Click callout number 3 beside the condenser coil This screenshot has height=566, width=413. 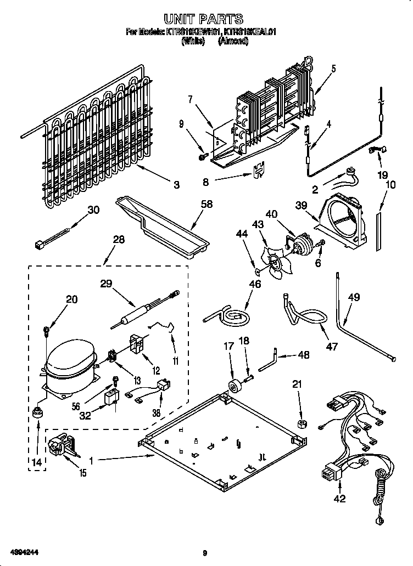pyautogui.click(x=176, y=185)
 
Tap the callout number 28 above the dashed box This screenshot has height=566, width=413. pyautogui.click(x=118, y=240)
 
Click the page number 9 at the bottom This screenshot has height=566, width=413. pyautogui.click(x=204, y=552)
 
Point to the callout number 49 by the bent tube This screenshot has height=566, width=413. pyautogui.click(x=354, y=298)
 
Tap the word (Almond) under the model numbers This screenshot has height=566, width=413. pyautogui.click(x=233, y=42)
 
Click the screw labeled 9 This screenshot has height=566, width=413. pyautogui.click(x=202, y=157)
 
